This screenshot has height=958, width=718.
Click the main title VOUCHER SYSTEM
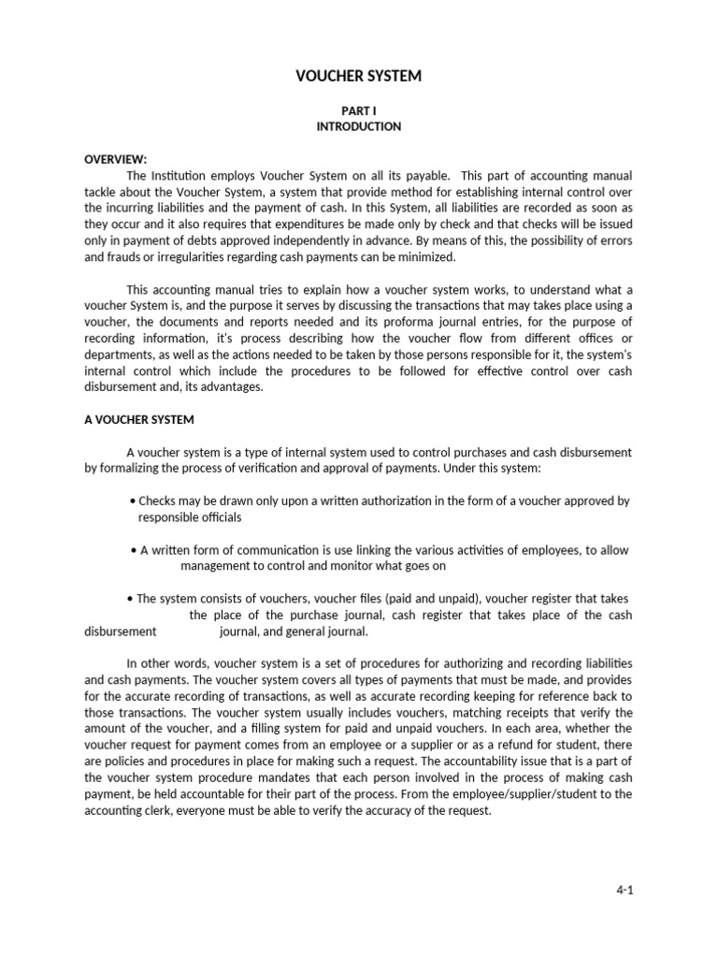pyautogui.click(x=359, y=76)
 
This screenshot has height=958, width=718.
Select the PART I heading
pyautogui.click(x=359, y=110)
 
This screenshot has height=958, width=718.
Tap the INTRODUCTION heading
pyautogui.click(x=359, y=126)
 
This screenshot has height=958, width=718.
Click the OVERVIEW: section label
pyautogui.click(x=116, y=159)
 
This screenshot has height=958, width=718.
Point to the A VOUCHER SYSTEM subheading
pyautogui.click(x=139, y=420)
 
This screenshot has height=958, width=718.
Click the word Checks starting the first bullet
pyautogui.click(x=156, y=501)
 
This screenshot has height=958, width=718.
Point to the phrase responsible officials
pyautogui.click(x=190, y=516)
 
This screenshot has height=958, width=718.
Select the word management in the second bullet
pyautogui.click(x=213, y=566)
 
